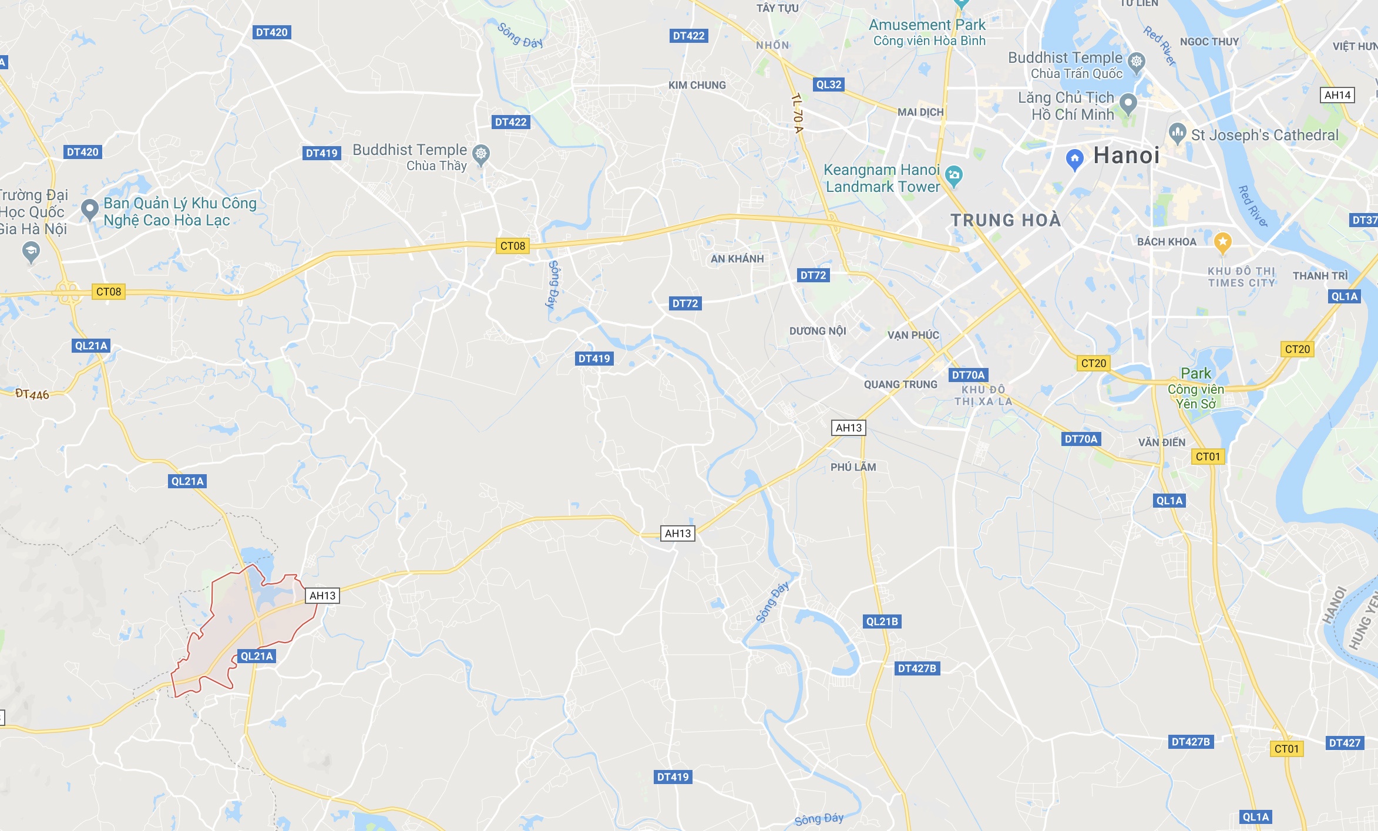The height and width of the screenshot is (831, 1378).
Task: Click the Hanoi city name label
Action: point(1127,156)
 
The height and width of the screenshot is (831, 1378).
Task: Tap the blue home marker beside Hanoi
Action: point(1074,159)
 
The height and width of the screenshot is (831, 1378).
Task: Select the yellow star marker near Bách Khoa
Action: point(1222,242)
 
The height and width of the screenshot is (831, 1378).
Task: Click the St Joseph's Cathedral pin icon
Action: point(1177,133)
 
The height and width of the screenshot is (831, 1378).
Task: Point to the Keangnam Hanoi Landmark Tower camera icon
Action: point(954,175)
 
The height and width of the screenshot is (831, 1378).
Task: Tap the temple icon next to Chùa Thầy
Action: point(481,154)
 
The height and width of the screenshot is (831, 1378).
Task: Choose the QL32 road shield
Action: point(829,85)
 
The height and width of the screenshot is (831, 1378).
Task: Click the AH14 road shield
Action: point(1337,95)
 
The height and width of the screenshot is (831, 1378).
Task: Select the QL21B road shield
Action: point(882,621)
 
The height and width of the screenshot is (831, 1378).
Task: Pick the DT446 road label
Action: point(32,394)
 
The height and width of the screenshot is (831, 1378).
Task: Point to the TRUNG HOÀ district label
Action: point(1006,220)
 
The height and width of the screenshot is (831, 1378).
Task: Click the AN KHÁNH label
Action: point(737,259)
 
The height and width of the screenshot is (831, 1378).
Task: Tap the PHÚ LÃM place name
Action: point(853,467)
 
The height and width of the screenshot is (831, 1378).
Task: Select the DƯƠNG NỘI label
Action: point(818,331)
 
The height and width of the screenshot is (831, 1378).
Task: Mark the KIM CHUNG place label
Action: point(697,85)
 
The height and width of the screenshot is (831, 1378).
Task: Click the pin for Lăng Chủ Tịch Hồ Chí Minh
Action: point(1128,103)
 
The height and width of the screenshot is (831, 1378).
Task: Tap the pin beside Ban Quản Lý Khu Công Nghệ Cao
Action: point(89,208)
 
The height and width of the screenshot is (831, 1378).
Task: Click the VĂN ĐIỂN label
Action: point(1162,442)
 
